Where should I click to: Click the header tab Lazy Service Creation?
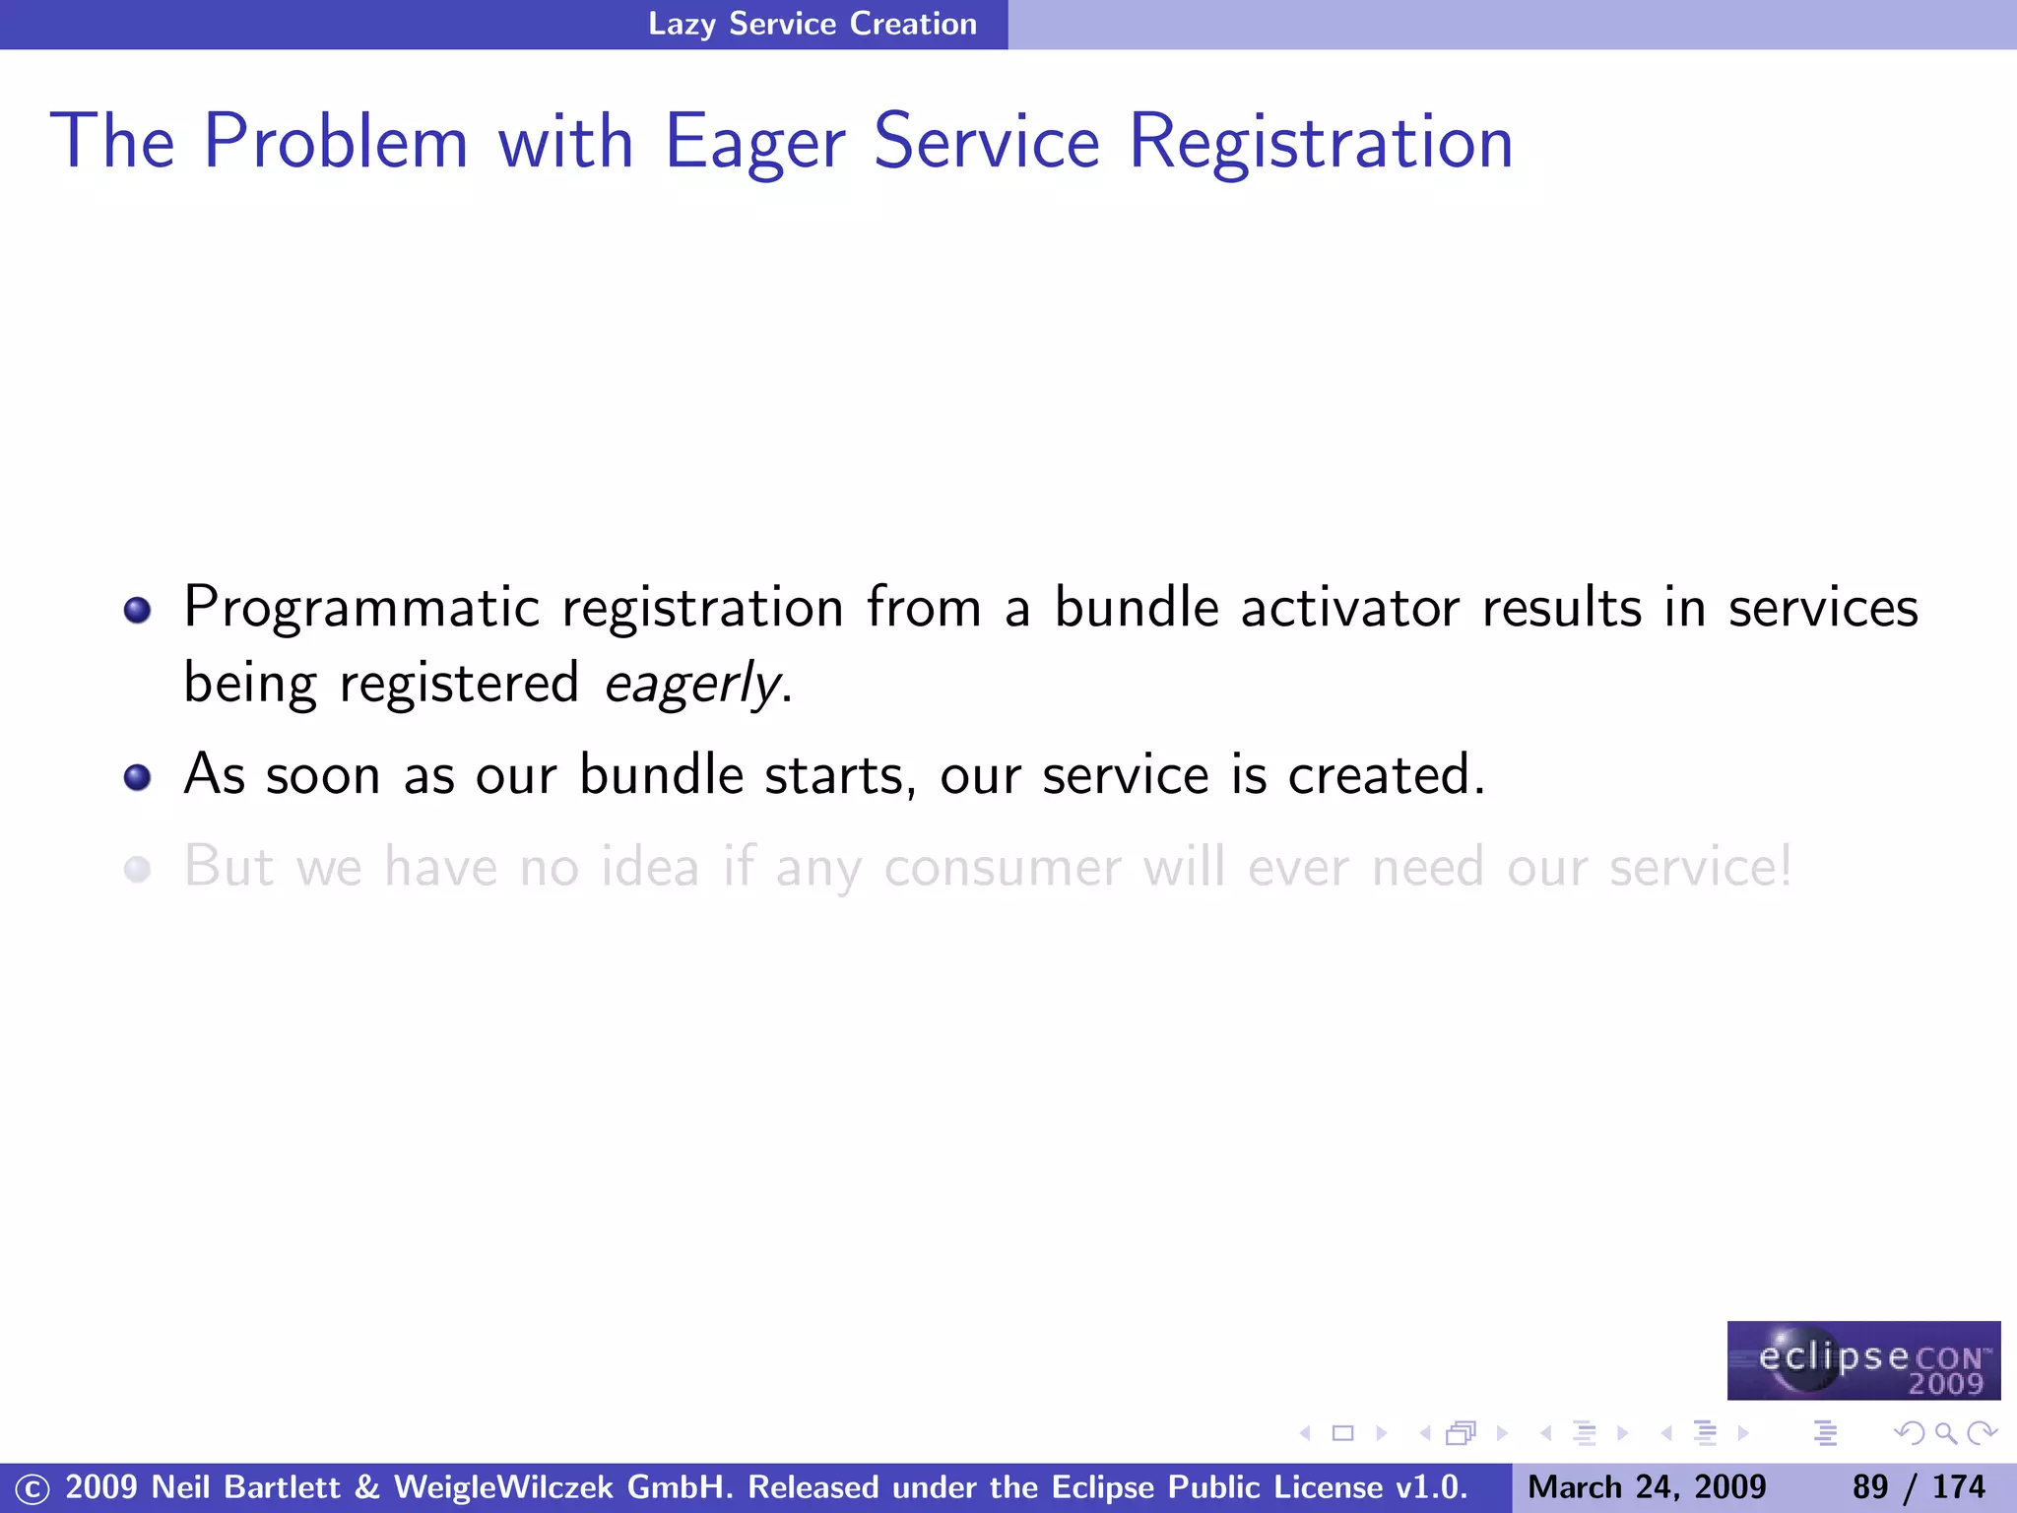click(812, 24)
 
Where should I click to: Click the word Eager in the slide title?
click(754, 143)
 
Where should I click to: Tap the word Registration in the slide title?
click(1320, 143)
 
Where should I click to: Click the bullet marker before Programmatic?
click(138, 610)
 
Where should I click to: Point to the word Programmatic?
click(361, 608)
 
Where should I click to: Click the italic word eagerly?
click(692, 684)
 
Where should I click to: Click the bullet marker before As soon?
click(138, 777)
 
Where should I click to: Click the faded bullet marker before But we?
click(138, 869)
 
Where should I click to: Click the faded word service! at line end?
click(1700, 867)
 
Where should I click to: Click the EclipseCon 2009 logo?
click(1863, 1360)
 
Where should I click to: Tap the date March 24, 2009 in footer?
click(1647, 1486)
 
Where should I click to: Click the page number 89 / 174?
click(1918, 1486)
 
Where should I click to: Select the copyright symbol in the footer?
click(32, 1488)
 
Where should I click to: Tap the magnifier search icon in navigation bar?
click(1945, 1433)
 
